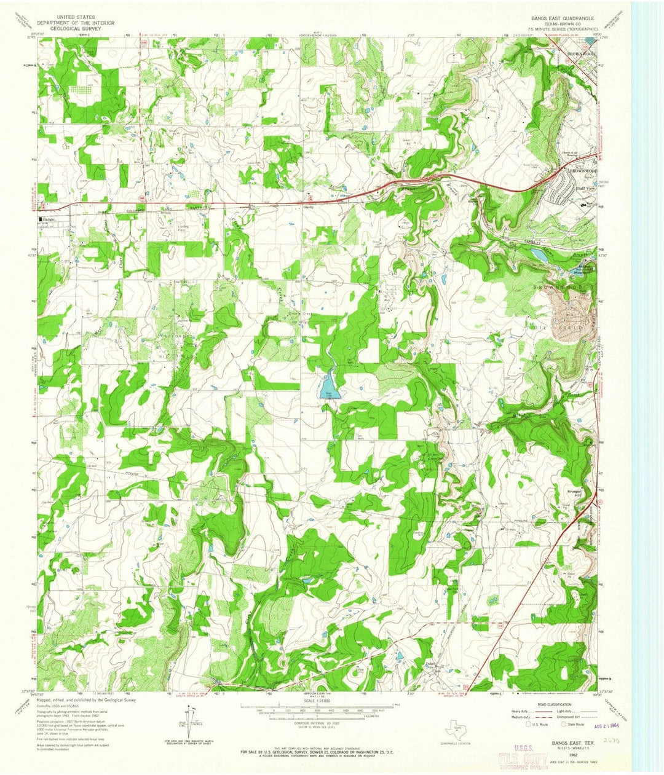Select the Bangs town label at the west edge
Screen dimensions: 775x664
[x=48, y=219]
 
